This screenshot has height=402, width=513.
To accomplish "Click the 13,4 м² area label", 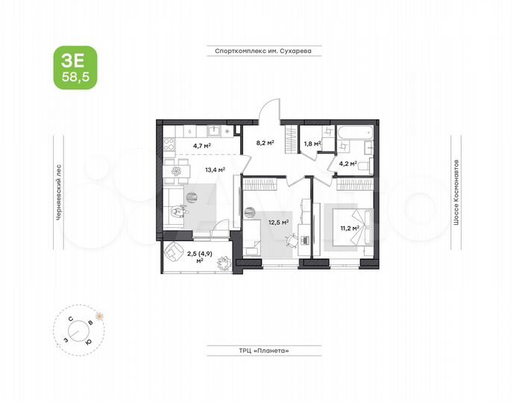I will click(x=215, y=169).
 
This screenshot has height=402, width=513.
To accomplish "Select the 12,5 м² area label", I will click(x=280, y=220).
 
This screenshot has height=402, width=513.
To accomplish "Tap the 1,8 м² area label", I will click(x=311, y=144).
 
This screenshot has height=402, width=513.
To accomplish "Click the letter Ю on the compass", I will click(x=88, y=341).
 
